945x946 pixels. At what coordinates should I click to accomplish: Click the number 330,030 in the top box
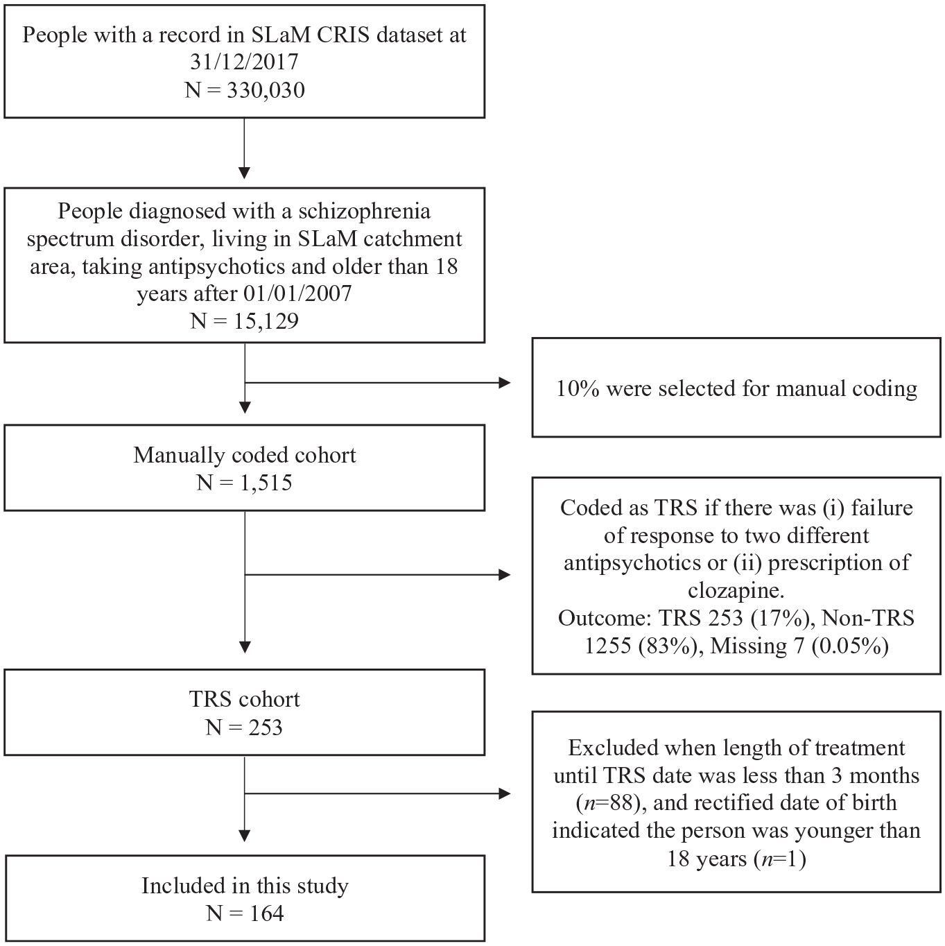266,90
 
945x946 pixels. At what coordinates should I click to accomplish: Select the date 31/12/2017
244,62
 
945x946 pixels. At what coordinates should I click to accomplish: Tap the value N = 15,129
244,321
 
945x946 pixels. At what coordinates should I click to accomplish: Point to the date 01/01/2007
298,293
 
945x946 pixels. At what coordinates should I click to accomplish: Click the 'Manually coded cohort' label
245,455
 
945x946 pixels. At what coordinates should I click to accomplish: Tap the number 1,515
266,483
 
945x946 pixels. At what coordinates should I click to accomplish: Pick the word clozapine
736,591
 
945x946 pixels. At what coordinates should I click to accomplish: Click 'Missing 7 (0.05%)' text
799,646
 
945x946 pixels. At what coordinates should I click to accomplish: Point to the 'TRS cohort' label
245,699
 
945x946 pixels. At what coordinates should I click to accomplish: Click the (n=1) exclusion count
780,859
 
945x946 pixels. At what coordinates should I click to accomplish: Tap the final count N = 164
245,913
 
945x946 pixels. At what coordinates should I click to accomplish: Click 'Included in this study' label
245,886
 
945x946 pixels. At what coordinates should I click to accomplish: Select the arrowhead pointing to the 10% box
505,382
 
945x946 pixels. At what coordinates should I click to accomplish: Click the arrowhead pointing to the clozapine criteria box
505,574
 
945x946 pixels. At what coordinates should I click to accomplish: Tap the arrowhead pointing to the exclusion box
505,793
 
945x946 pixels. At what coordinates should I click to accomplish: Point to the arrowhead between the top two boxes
244,173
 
